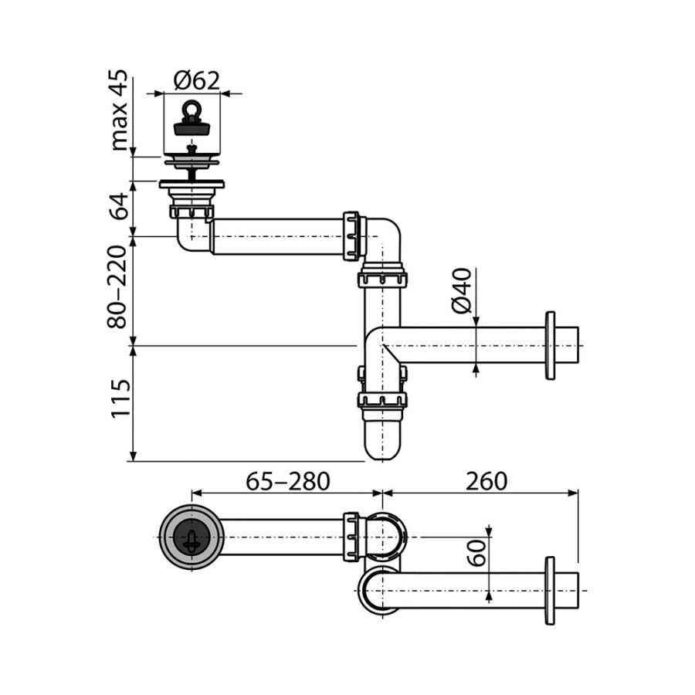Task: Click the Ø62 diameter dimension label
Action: point(196,81)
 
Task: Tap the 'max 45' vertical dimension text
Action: point(118,110)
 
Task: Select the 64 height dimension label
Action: point(118,206)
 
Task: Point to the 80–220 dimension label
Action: point(117,286)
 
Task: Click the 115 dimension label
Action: point(120,398)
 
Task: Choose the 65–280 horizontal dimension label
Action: point(288,481)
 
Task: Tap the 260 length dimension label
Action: point(486,481)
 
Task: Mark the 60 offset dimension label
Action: point(477,553)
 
